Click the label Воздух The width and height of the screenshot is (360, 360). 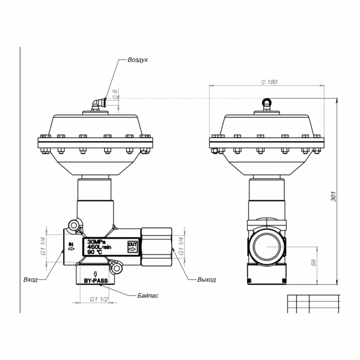[138, 60]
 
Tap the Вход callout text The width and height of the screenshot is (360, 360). [30, 280]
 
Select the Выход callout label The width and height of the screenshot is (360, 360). [206, 280]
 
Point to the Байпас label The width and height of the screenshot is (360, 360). [148, 296]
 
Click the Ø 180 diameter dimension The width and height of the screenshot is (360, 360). [269, 82]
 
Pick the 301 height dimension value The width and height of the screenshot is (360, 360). [334, 196]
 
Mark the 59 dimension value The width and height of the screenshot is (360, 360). [313, 263]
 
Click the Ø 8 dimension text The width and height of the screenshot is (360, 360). [115, 95]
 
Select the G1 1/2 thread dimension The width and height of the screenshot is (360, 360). [99, 300]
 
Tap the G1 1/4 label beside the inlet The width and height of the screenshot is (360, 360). [43, 246]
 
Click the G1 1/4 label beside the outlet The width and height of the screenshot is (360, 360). [181, 246]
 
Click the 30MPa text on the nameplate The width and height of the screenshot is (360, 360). [96, 242]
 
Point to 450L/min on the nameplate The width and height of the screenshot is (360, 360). [99, 247]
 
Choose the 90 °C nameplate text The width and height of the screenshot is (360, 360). [95, 252]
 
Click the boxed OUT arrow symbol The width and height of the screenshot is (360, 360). [132, 247]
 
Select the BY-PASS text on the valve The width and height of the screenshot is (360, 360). [96, 281]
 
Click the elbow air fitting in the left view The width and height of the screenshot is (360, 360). [99, 105]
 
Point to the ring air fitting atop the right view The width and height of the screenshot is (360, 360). [266, 104]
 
